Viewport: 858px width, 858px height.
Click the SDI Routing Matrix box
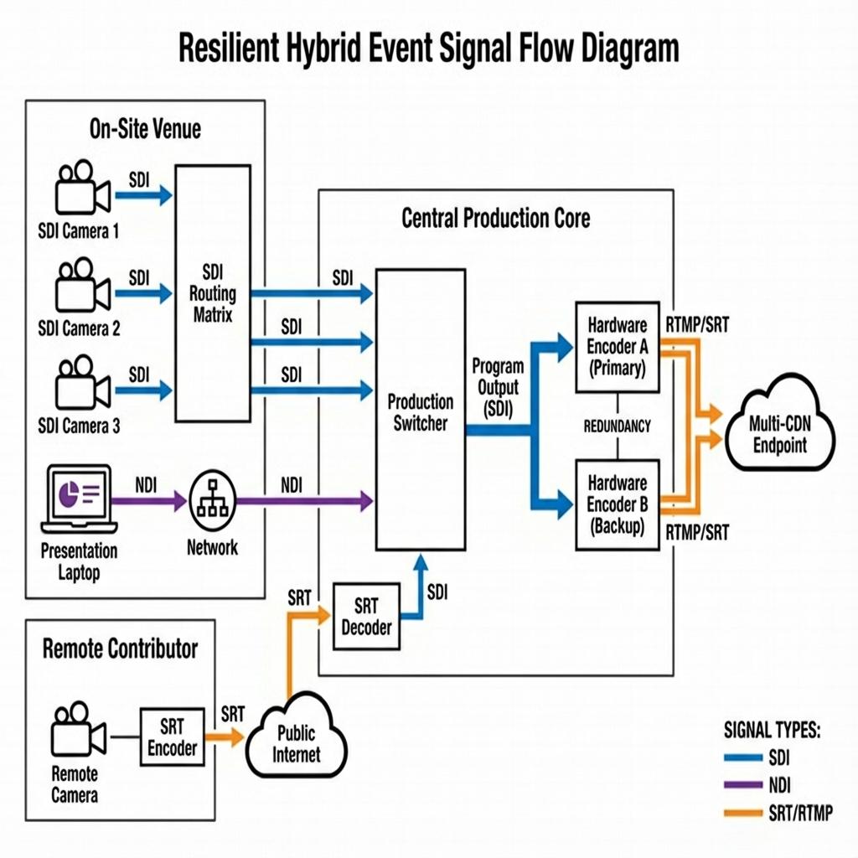click(213, 293)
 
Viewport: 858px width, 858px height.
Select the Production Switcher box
click(421, 409)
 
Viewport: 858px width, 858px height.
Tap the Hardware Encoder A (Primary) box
click(618, 347)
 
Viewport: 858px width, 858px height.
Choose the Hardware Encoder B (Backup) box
click(618, 504)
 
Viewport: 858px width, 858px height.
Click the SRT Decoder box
click(366, 616)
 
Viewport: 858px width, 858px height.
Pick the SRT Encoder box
click(173, 737)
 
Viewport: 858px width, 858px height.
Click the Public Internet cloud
click(296, 736)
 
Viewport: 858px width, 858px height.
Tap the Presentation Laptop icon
click(80, 499)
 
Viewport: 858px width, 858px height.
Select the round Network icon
click(212, 500)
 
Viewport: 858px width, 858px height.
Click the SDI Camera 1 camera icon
click(83, 187)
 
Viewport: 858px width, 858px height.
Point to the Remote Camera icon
click(78, 729)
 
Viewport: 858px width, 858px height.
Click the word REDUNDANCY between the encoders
click(618, 426)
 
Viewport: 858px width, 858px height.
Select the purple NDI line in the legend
click(743, 784)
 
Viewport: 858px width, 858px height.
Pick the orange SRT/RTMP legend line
click(743, 813)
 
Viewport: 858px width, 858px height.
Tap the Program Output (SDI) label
click(498, 387)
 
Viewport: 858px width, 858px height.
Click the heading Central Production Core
click(496, 218)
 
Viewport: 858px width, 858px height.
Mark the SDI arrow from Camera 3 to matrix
click(144, 390)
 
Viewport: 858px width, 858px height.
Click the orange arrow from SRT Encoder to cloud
click(225, 737)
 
